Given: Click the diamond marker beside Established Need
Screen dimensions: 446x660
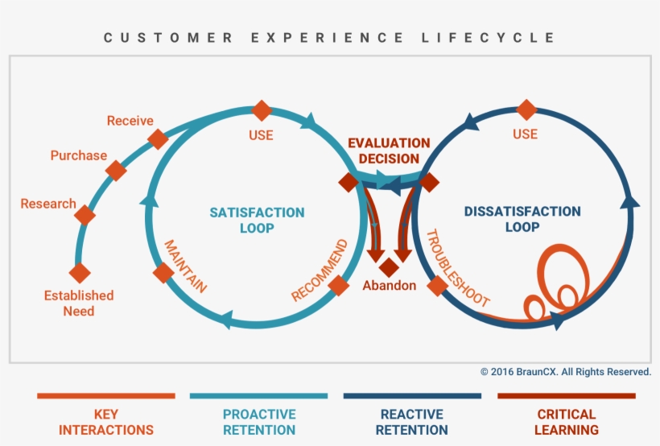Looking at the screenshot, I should point(79,273).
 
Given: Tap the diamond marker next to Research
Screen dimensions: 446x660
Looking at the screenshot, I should point(85,215).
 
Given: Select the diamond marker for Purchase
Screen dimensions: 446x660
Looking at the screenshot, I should point(116,171).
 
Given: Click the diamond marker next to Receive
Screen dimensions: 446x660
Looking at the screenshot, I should point(158,138).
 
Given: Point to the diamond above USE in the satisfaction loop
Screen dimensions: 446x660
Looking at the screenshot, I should point(261,110).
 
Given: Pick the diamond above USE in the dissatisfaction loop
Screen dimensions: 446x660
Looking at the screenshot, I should point(526,109).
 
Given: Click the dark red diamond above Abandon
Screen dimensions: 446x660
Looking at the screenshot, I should point(390,266).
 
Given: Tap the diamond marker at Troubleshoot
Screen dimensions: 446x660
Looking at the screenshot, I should point(437,285).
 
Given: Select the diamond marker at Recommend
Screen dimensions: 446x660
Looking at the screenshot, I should point(339,285).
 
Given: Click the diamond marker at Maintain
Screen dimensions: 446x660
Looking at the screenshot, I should point(163,273).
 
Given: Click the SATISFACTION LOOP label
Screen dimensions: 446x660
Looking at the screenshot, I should point(257,220).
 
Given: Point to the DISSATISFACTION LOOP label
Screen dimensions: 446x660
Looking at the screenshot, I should point(522,219).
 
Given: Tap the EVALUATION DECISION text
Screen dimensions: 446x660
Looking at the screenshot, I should point(383,151).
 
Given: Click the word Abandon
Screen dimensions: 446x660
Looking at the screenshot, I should point(389,285).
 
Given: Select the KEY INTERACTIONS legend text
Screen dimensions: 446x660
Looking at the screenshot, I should point(105,422).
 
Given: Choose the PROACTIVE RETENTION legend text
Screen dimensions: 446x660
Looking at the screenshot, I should point(259,422).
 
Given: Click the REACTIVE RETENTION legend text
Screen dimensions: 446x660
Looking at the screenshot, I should point(411,422).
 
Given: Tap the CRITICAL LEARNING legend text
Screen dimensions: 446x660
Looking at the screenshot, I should point(566,422).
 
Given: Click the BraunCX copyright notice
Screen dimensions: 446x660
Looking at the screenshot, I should point(565,372).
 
